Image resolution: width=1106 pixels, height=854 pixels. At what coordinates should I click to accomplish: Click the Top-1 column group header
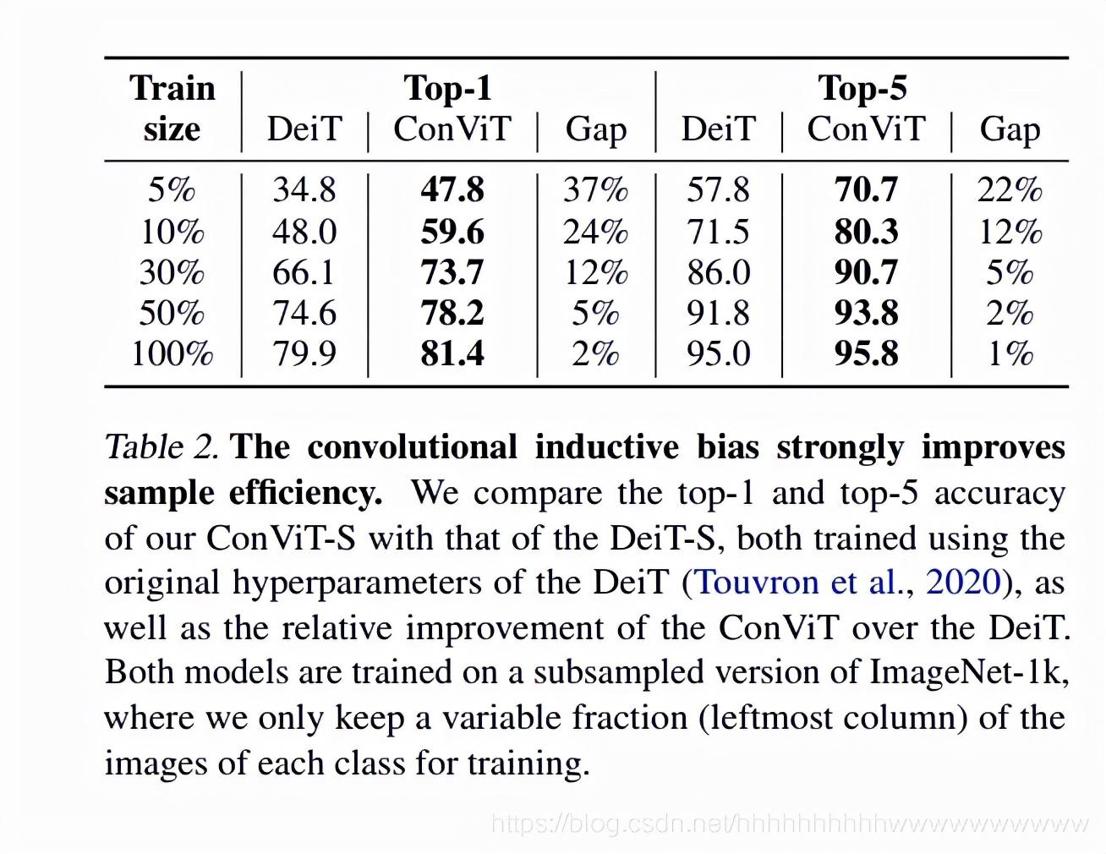[x=447, y=88]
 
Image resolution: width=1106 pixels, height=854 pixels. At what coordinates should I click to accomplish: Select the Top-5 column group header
[x=862, y=88]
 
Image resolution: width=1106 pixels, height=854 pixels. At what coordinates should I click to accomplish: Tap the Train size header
[x=172, y=108]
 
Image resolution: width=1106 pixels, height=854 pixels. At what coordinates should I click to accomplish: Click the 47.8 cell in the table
[x=452, y=189]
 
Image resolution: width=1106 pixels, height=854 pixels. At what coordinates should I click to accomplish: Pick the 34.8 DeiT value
[x=304, y=189]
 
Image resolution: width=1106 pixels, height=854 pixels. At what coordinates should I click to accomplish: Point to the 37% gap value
[x=595, y=189]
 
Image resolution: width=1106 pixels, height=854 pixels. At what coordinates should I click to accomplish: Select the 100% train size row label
[x=172, y=353]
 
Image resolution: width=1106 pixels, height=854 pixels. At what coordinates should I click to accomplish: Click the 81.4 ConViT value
[x=452, y=353]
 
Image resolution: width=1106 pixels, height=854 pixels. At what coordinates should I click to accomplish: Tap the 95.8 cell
[x=866, y=353]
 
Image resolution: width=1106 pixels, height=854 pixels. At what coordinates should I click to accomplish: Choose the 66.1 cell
[x=304, y=272]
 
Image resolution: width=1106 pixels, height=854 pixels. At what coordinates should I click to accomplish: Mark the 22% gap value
[x=1010, y=189]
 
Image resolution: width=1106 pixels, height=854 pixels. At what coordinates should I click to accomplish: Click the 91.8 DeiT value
[x=718, y=313]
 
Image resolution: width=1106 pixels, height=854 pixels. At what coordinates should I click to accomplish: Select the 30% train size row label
[x=172, y=272]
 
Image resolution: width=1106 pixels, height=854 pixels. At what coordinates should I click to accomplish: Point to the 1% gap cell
[x=1010, y=353]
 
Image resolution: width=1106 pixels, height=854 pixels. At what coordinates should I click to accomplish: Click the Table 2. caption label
[x=161, y=447]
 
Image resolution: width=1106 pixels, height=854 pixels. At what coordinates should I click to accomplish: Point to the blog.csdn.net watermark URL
[x=789, y=823]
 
